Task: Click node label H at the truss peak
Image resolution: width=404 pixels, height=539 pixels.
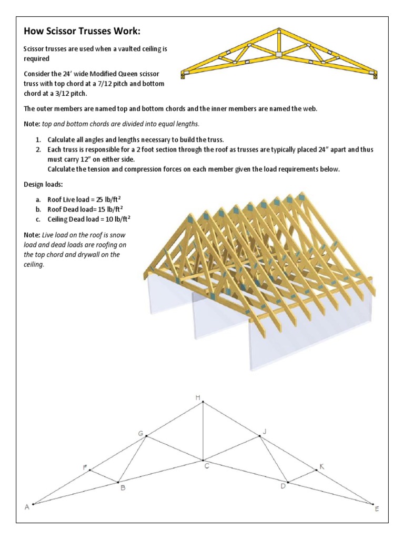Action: coord(198,397)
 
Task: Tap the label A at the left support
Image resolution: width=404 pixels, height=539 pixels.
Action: coord(27,507)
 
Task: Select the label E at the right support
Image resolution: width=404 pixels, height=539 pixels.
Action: coord(376,509)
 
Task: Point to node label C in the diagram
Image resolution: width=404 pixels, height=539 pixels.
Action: coord(207,466)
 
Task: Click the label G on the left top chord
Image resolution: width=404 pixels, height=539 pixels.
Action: coord(141,433)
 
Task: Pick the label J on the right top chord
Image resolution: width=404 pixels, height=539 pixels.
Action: coord(265,432)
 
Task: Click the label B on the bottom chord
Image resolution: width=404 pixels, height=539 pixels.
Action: coord(123,488)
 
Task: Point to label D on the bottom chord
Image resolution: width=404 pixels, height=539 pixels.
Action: coord(282,485)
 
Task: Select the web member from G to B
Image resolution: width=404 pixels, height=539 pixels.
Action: coord(133,458)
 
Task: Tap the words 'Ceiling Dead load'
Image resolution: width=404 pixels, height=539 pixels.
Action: coord(69,218)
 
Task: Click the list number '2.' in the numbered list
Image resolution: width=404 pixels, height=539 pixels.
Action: coord(38,149)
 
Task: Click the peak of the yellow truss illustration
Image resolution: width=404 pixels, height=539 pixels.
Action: coord(278,29)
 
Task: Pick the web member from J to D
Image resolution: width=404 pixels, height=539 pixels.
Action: coord(273,458)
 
